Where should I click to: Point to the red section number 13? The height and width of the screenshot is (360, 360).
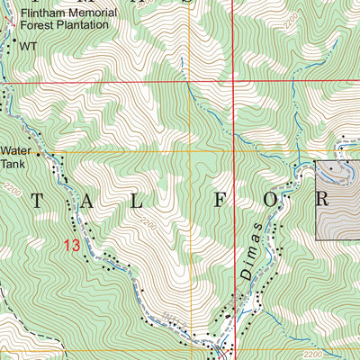72,244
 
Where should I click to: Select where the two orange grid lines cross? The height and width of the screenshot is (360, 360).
191,151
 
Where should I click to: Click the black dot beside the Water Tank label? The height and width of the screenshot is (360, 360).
39,155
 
